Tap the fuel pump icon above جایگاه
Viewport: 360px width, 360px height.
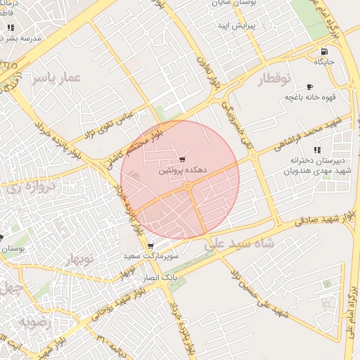[323, 51]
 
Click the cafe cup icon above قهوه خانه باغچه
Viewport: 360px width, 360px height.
[309, 86]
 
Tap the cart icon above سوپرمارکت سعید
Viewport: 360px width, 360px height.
[150, 246]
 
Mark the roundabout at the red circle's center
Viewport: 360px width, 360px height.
[188, 186]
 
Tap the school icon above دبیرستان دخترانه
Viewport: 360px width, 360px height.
[317, 150]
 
